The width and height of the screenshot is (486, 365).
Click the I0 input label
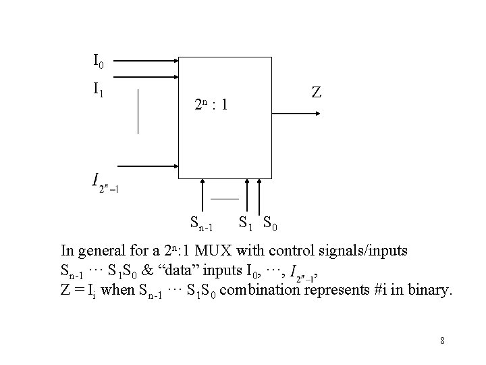[x=99, y=64]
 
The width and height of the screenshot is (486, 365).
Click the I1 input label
[x=99, y=87]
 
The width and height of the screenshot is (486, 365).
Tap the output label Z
[x=316, y=93]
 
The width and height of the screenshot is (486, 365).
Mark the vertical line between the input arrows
[x=138, y=111]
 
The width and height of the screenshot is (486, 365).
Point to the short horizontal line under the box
[x=224, y=199]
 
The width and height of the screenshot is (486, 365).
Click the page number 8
[x=442, y=341]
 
